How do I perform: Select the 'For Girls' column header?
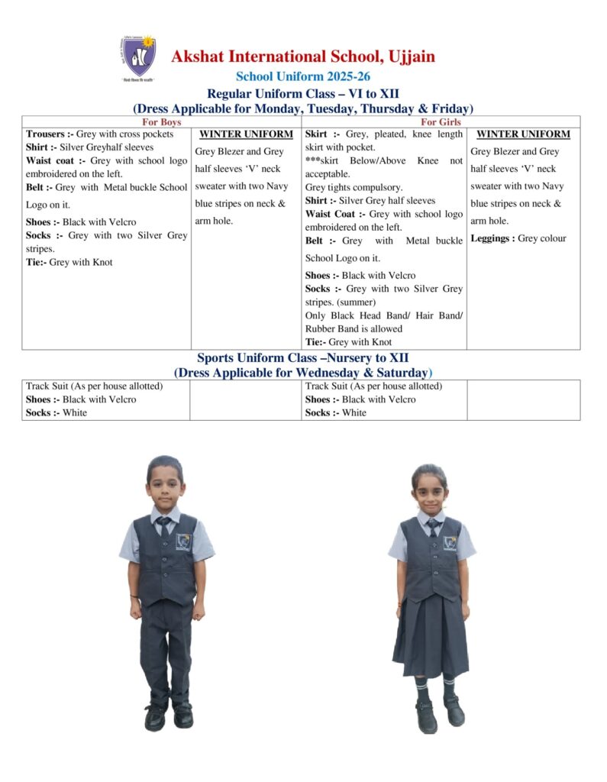[x=441, y=121]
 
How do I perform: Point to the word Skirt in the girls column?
[x=316, y=134]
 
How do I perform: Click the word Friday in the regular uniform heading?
[x=445, y=108]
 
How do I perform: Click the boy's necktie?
[x=165, y=526]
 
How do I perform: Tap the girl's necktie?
[x=433, y=527]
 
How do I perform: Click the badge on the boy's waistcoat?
[x=183, y=541]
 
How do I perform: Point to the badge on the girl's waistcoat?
[x=450, y=542]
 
